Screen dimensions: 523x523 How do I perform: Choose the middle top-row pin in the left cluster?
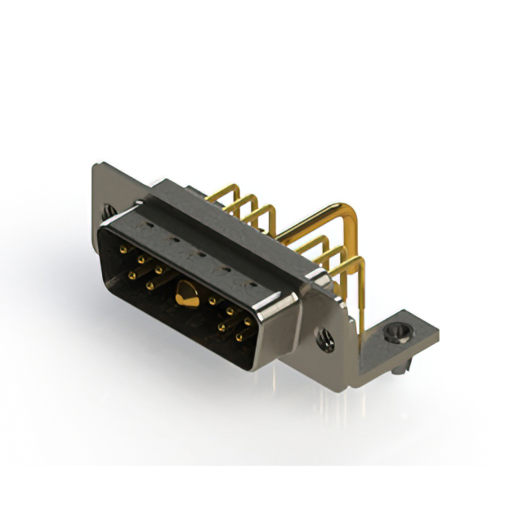[x=141, y=260]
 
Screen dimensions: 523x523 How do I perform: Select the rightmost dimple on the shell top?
[x=253, y=285]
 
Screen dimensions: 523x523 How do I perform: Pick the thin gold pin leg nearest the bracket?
[x=360, y=294]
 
